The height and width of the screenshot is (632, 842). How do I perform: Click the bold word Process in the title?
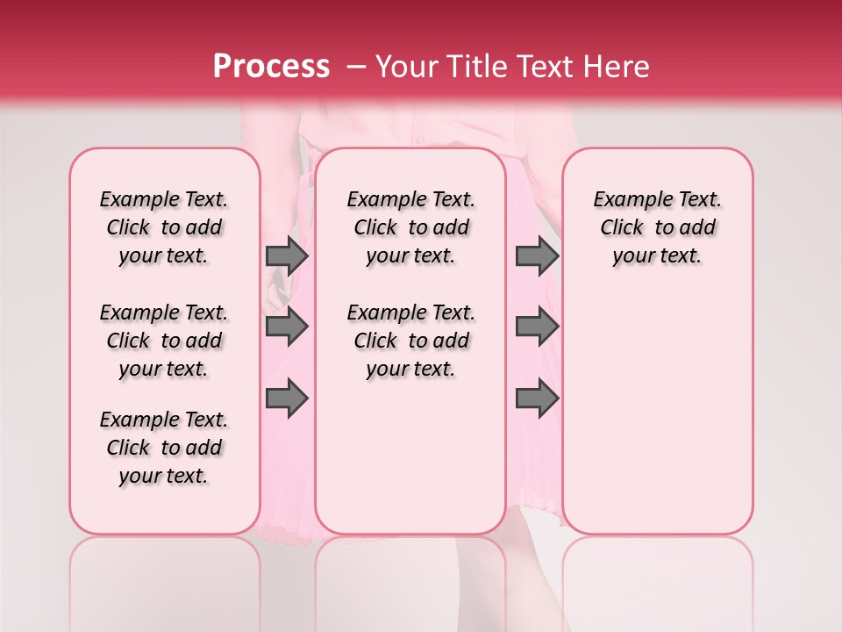(x=271, y=67)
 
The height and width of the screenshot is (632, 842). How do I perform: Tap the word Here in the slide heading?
(x=617, y=67)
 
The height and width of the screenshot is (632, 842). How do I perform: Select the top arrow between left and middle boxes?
(x=287, y=256)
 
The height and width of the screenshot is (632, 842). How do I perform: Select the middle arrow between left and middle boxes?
(x=287, y=327)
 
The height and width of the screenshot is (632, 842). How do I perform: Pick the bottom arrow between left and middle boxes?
(x=287, y=399)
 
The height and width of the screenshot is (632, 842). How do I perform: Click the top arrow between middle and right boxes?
(x=537, y=256)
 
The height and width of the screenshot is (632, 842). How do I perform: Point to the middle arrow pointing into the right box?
(x=537, y=327)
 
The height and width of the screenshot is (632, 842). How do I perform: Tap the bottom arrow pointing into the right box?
(x=537, y=399)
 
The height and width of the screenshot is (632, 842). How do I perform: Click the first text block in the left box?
(x=164, y=227)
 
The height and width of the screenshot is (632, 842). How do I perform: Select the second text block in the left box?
(x=164, y=341)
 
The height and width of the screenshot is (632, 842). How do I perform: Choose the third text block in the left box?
(x=164, y=448)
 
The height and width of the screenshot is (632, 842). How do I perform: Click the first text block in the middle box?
(x=411, y=227)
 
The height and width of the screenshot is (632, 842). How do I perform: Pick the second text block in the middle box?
(x=411, y=341)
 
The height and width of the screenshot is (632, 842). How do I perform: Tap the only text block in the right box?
(x=658, y=227)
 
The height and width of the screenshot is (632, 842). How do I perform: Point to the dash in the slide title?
(x=357, y=67)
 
